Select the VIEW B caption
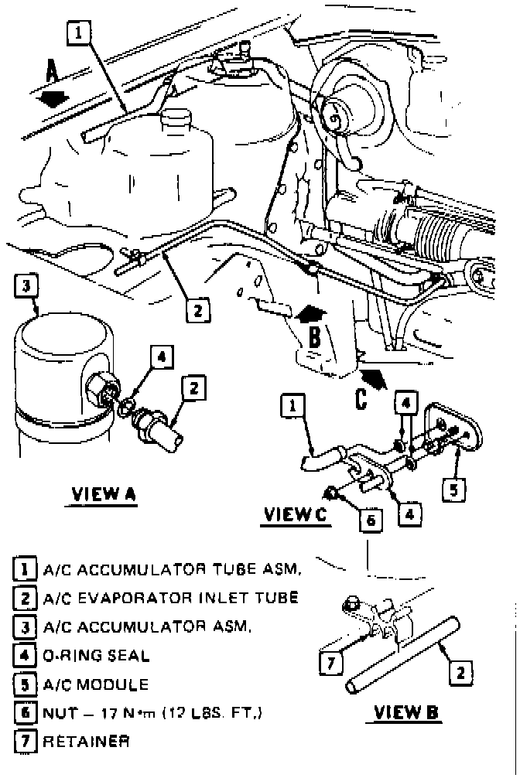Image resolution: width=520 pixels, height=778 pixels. [x=407, y=712]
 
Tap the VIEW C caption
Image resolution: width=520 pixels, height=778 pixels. [x=296, y=514]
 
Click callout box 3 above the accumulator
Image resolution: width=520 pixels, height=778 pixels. [x=26, y=286]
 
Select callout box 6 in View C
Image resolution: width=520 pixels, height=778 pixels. [x=371, y=520]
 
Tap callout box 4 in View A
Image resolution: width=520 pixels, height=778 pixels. [x=160, y=357]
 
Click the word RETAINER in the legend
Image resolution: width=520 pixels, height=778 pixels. [x=86, y=741]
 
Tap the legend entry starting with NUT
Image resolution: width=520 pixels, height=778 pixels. [x=152, y=712]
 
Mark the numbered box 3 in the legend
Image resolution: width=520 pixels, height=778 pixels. [x=24, y=627]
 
